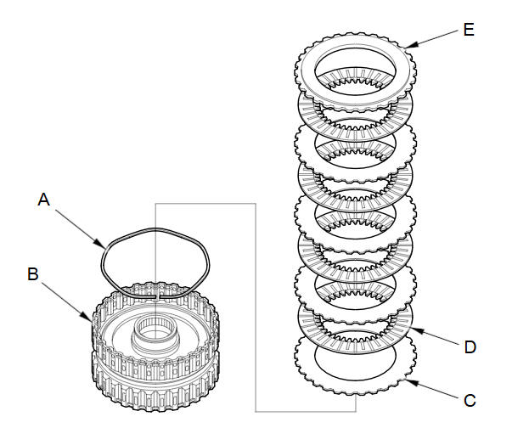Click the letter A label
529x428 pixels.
[x=44, y=200]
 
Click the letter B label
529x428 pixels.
[x=33, y=273]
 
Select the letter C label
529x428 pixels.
[x=470, y=401]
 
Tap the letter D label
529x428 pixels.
[x=470, y=347]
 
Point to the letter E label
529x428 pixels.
[x=469, y=30]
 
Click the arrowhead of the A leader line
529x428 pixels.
[x=100, y=244]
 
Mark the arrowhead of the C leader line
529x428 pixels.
[x=411, y=382]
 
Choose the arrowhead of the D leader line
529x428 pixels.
[x=416, y=329]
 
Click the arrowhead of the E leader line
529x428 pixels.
[x=411, y=46]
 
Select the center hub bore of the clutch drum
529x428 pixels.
[x=155, y=329]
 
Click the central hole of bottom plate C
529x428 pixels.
[x=355, y=362]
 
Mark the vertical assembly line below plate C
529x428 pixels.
[x=355, y=403]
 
